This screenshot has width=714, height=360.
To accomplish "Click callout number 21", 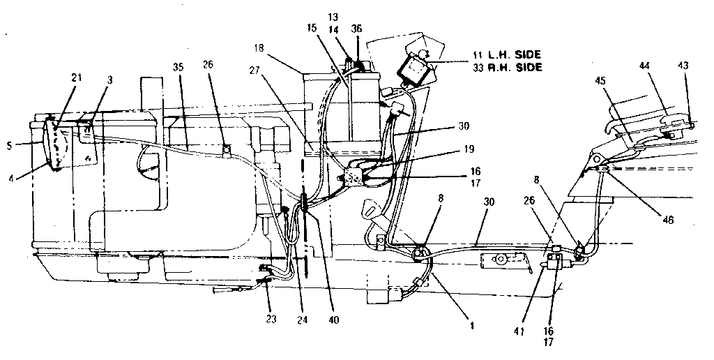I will (x=77, y=77).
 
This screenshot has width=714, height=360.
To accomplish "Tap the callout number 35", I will (x=177, y=67).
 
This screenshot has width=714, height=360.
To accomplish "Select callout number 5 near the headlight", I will (x=8, y=147).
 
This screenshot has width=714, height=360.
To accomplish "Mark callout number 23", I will (x=271, y=319).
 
